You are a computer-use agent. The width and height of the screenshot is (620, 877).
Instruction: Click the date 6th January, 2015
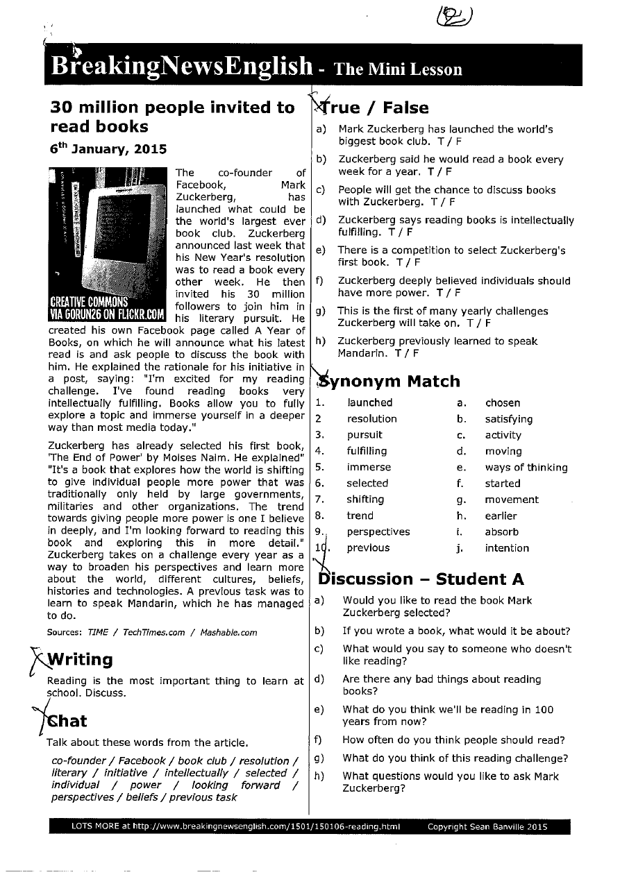[x=108, y=149]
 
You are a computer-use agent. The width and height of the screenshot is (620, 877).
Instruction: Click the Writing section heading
[x=79, y=658]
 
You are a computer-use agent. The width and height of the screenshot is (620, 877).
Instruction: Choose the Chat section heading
[x=67, y=720]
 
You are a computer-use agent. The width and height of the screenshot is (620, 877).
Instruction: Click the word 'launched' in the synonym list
[x=369, y=402]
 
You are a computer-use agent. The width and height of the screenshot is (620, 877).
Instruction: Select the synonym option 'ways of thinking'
[x=526, y=468]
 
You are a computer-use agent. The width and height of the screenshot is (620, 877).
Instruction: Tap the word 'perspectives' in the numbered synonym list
[x=378, y=532]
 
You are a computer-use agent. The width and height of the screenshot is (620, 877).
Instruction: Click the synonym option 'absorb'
[x=501, y=532]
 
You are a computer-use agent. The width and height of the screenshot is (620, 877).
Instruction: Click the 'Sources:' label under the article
[x=65, y=632]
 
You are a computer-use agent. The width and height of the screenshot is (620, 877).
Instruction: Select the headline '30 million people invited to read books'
[x=172, y=117]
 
